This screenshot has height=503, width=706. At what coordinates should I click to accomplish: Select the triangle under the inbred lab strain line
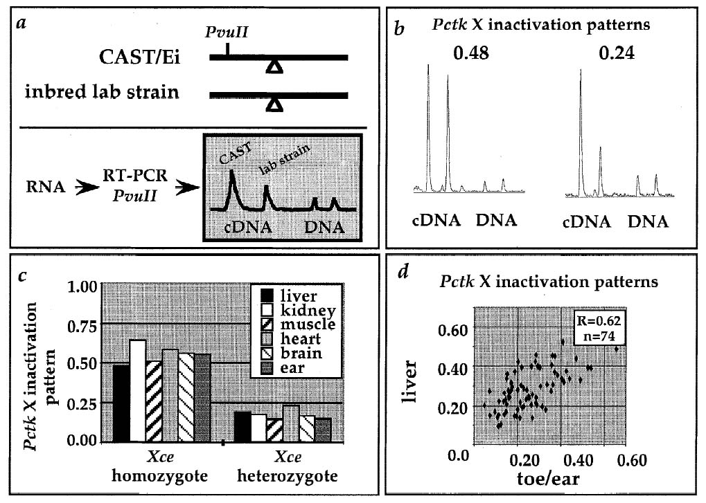point(275,105)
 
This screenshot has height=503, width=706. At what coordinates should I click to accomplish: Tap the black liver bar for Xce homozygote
point(121,403)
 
